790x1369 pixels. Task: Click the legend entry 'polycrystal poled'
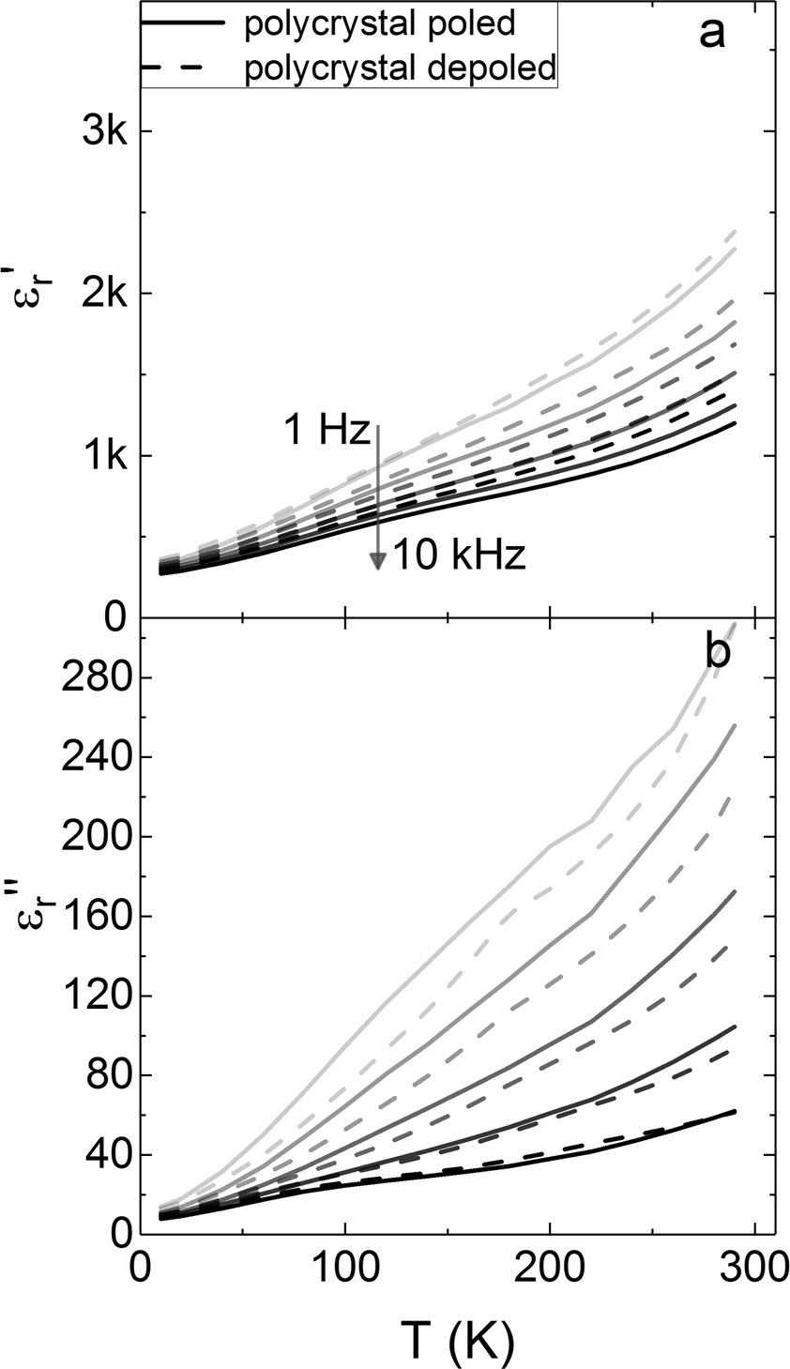click(379, 24)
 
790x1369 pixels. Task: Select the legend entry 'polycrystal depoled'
click(400, 67)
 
